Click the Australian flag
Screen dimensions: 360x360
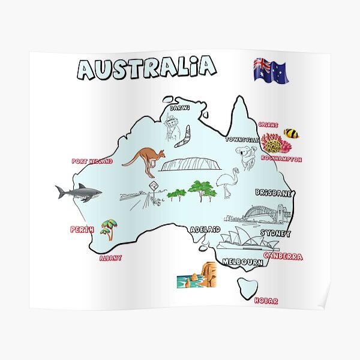click(270, 71)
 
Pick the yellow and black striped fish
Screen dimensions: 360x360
click(291, 133)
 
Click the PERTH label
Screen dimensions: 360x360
click(82, 229)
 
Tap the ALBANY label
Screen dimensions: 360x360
click(110, 258)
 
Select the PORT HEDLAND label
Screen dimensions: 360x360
click(92, 161)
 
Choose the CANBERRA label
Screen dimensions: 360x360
click(283, 256)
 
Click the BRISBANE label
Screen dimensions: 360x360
click(273, 193)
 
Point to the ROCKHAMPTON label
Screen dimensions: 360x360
click(281, 160)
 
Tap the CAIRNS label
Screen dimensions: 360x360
click(268, 125)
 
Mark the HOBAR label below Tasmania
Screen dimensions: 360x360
click(266, 301)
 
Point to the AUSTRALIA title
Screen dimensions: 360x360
click(146, 68)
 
